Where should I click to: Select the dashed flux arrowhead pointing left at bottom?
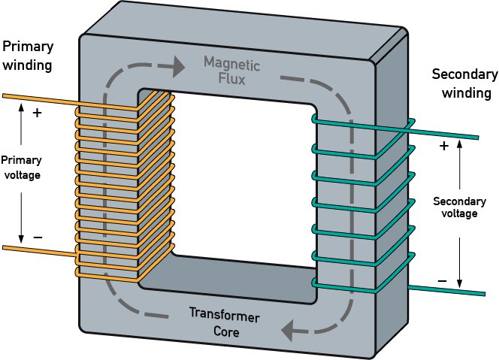[x=286, y=328]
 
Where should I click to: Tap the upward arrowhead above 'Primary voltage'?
[x=21, y=107]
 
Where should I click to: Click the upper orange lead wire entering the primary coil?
[x=38, y=98]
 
